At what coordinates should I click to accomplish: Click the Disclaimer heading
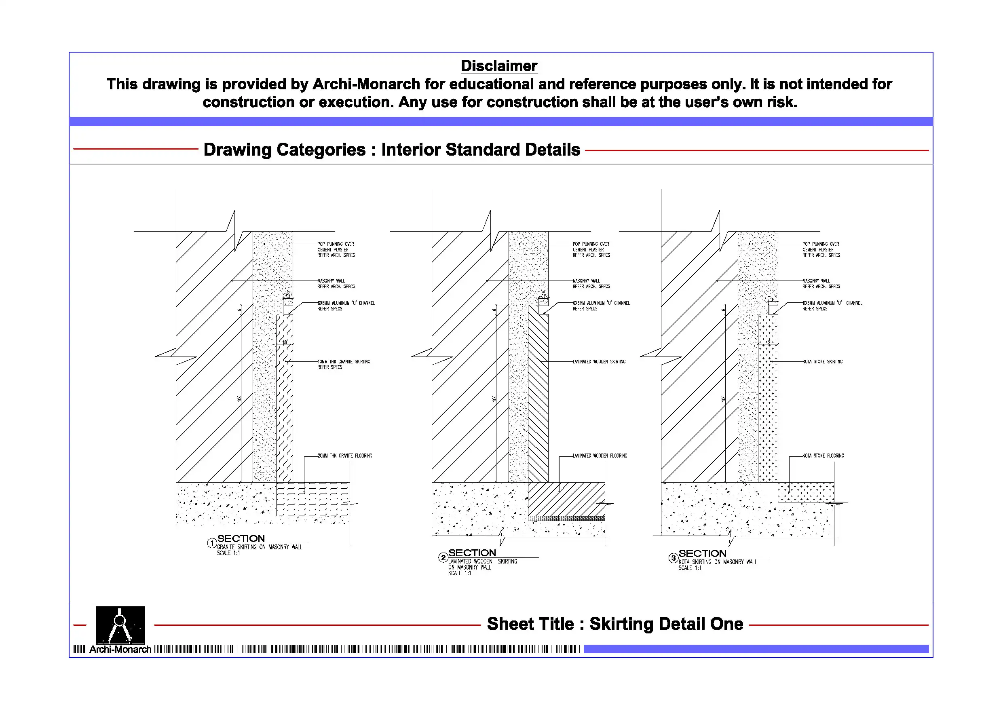(x=498, y=66)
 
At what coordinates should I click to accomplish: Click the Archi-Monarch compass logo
(x=120, y=625)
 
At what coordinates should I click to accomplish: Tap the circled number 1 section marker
(x=212, y=543)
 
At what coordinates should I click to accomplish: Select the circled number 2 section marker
(x=443, y=557)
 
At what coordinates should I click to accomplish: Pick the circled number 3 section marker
(x=673, y=558)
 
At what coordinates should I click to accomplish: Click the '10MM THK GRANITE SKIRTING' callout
(x=343, y=362)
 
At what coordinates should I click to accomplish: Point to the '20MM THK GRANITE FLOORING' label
(x=345, y=456)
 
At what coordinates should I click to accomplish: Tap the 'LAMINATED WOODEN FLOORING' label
(x=600, y=456)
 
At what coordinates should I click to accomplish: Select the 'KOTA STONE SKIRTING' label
(x=822, y=362)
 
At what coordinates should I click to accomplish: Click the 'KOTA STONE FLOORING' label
(x=823, y=456)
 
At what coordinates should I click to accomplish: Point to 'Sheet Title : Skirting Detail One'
(x=614, y=624)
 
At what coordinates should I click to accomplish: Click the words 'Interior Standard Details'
(x=481, y=150)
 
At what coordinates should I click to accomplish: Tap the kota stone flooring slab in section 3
(x=806, y=492)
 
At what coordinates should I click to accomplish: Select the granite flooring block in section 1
(x=313, y=498)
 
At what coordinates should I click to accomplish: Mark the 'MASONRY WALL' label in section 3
(x=816, y=281)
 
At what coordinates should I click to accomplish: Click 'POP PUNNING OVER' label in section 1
(x=336, y=244)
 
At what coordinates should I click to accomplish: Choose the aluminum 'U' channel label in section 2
(x=601, y=303)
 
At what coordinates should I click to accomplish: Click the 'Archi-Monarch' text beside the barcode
(x=120, y=649)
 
